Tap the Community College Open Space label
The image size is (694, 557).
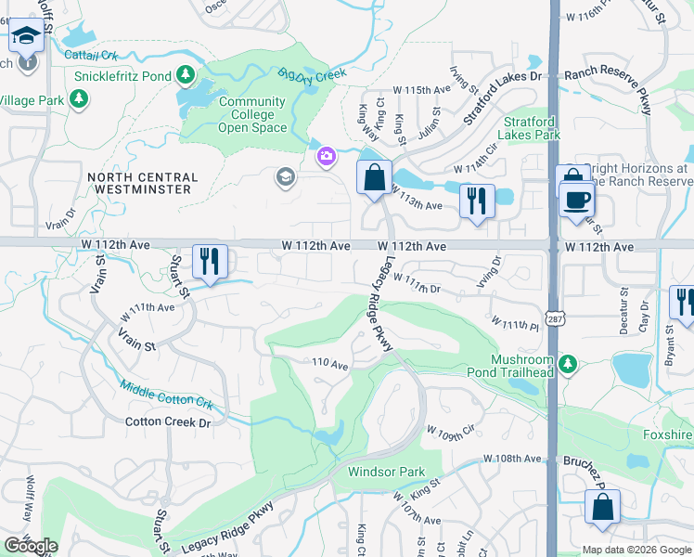(x=252, y=115)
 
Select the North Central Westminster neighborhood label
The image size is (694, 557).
(x=142, y=183)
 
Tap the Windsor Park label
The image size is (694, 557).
(x=386, y=472)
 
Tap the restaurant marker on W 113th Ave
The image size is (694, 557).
(x=476, y=202)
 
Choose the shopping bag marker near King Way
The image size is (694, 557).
(x=373, y=177)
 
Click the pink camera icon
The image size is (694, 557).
(x=326, y=156)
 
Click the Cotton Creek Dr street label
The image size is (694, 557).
(x=168, y=422)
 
